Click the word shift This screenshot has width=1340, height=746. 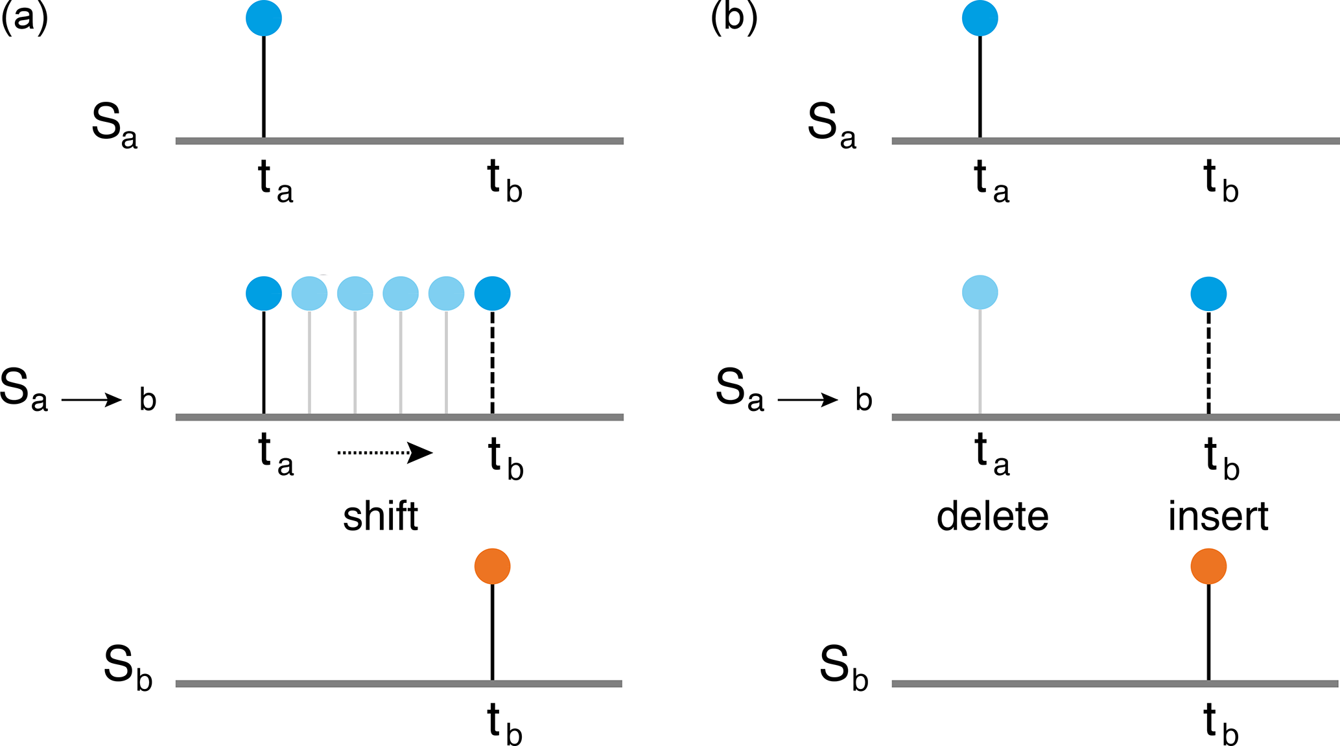tap(381, 517)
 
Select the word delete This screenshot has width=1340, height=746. tap(993, 517)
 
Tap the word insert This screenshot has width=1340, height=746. tap(1218, 517)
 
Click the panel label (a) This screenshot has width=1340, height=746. tap(24, 18)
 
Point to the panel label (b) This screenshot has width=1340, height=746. tap(734, 18)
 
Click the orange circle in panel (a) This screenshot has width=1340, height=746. tap(493, 566)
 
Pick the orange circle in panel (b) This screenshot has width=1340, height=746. tap(1208, 566)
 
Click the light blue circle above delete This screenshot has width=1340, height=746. tap(980, 292)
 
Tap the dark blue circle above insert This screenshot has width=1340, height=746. tap(1208, 294)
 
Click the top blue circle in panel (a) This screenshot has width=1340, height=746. tap(264, 18)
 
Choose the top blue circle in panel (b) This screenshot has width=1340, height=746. tap(980, 18)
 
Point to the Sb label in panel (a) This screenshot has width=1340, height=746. tap(128, 668)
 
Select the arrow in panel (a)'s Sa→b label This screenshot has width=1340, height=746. tap(91, 400)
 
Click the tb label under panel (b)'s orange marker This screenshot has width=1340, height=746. tap(1221, 725)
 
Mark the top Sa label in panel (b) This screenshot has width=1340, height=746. tap(832, 125)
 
